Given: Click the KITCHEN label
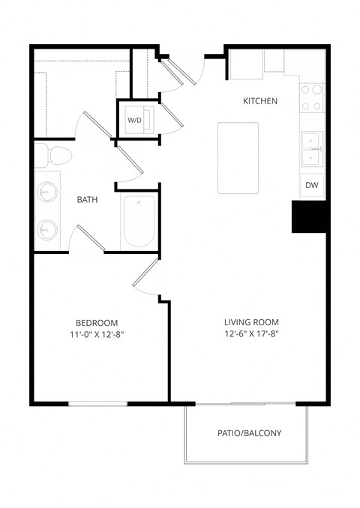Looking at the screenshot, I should click(x=260, y=100).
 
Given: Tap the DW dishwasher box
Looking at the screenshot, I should click(x=312, y=186).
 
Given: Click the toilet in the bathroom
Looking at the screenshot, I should click(x=55, y=155).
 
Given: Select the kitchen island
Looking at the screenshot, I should click(x=237, y=157).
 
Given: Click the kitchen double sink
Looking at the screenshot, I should click(x=312, y=148).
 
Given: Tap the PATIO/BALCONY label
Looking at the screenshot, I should click(x=250, y=433).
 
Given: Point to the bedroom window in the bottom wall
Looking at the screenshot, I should click(x=98, y=405).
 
